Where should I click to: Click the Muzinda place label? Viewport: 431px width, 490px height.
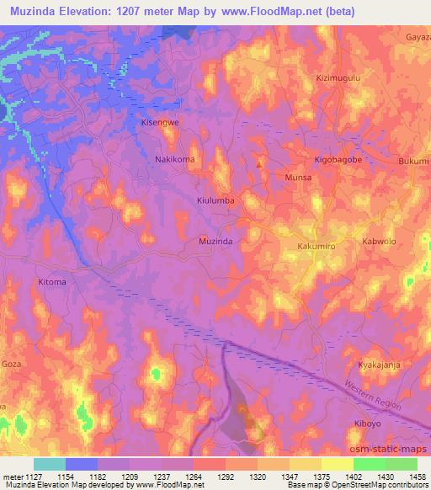tap(215, 241)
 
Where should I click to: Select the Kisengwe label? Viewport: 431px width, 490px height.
tap(159, 123)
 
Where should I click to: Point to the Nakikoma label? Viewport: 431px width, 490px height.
tap(175, 159)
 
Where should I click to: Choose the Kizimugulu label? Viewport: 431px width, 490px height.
tap(338, 77)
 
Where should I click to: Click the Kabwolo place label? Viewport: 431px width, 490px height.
tap(378, 241)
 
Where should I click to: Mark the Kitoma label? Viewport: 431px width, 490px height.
tap(52, 282)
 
